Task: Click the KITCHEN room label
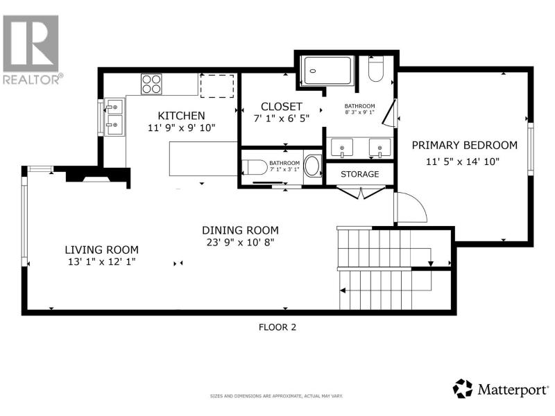pyautogui.click(x=181, y=116)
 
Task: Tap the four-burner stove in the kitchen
pyautogui.click(x=151, y=84)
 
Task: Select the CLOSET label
pyautogui.click(x=282, y=107)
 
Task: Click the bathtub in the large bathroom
pyautogui.click(x=327, y=71)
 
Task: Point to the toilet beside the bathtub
pyautogui.click(x=375, y=69)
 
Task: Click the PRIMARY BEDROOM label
pyautogui.click(x=464, y=145)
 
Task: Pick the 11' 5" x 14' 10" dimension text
pyautogui.click(x=463, y=162)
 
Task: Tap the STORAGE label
pyautogui.click(x=359, y=174)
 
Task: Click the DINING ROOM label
pyautogui.click(x=240, y=230)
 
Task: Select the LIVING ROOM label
pyautogui.click(x=101, y=250)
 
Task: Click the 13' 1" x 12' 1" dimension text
pyautogui.click(x=102, y=262)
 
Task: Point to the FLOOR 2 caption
pyautogui.click(x=277, y=327)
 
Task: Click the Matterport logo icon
pyautogui.click(x=463, y=388)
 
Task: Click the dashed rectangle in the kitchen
pyautogui.click(x=217, y=86)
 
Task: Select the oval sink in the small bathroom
pyautogui.click(x=311, y=166)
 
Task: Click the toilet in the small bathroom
pyautogui.click(x=255, y=167)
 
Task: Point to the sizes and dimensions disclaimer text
pyautogui.click(x=276, y=396)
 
